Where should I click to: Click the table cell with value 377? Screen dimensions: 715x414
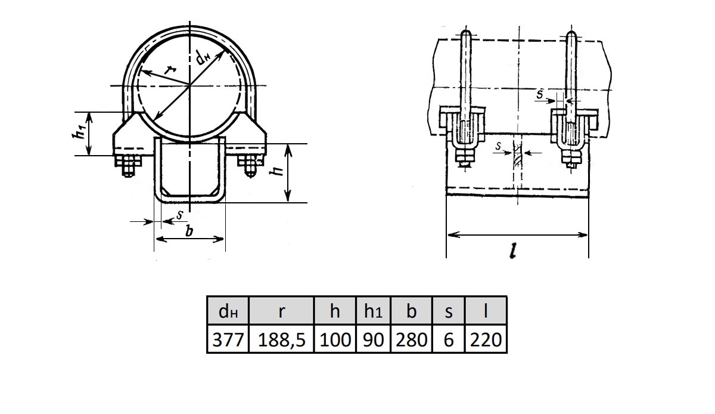(x=228, y=339)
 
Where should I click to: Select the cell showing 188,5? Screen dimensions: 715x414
(x=281, y=339)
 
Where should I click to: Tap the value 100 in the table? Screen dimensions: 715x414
(x=335, y=339)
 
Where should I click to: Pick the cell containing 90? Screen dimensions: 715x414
(x=373, y=339)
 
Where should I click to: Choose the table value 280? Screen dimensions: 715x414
(x=412, y=339)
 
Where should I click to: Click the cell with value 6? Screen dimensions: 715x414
(x=449, y=339)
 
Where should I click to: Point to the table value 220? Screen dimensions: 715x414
(x=486, y=339)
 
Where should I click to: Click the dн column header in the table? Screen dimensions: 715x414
(x=228, y=311)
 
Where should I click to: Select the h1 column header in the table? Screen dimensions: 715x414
(x=373, y=311)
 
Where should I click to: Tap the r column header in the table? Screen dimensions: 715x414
(x=281, y=311)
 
